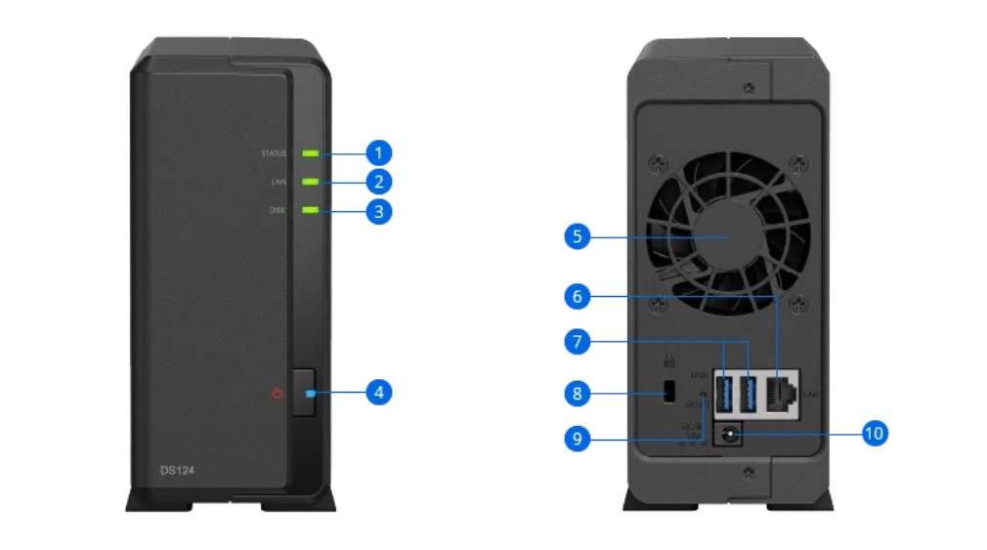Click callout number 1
378,152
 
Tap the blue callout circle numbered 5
578,236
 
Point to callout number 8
578,394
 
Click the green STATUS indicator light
311,153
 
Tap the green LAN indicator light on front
311,182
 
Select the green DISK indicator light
311,210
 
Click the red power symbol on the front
279,394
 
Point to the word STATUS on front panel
275,153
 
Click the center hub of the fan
725,237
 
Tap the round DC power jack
727,434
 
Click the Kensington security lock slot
669,394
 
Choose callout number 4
378,393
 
